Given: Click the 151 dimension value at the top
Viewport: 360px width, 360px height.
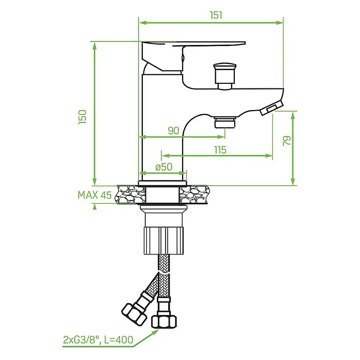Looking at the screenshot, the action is [216, 15].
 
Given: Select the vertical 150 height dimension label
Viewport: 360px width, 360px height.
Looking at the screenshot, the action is [82, 117].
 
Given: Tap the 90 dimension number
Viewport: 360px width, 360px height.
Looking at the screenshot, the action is [173, 131].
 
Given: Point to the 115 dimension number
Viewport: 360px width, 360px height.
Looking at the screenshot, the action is [220, 149].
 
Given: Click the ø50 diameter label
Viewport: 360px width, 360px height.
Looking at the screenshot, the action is [163, 167].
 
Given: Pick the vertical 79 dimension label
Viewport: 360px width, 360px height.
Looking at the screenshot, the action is [287, 141].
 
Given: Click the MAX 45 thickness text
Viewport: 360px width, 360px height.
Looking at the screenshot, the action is [95, 195].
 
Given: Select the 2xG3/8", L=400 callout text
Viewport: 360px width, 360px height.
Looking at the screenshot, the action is [98, 339].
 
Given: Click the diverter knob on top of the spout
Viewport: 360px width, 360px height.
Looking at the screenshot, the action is [225, 76].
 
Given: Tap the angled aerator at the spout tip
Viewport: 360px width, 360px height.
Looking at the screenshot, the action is [272, 108].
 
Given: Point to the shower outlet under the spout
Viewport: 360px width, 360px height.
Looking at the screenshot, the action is [225, 122].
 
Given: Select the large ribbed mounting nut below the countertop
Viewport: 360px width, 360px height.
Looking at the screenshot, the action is [164, 241].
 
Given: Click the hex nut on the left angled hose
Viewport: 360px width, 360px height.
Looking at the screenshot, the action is [134, 314].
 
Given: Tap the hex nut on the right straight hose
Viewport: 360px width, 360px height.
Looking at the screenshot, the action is [164, 322].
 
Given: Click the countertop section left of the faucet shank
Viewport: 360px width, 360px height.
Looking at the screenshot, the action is [131, 194].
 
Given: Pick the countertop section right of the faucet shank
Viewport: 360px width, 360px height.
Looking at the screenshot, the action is [194, 194].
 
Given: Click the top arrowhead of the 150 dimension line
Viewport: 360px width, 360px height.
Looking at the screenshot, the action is [95, 46].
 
